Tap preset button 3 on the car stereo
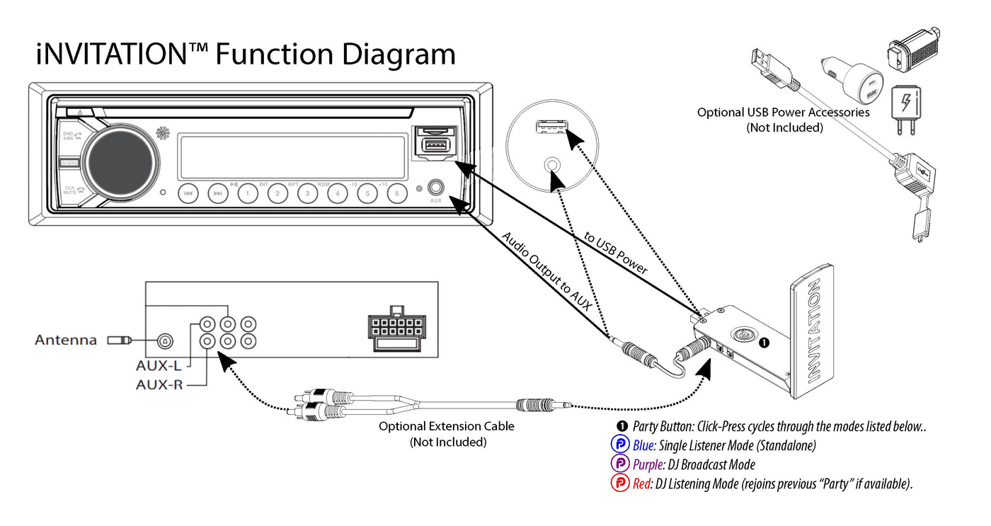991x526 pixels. tap(307, 193)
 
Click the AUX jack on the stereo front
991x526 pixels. tap(436, 188)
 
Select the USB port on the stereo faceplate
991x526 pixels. tap(433, 147)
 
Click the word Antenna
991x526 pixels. tap(66, 341)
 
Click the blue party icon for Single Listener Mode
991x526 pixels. tap(620, 445)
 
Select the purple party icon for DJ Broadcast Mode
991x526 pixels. tap(620, 464)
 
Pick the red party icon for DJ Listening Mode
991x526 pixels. tap(620, 484)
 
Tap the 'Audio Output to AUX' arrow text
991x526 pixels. tap(546, 272)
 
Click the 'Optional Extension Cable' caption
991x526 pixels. tap(446, 426)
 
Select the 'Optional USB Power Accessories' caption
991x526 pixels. tap(784, 113)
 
